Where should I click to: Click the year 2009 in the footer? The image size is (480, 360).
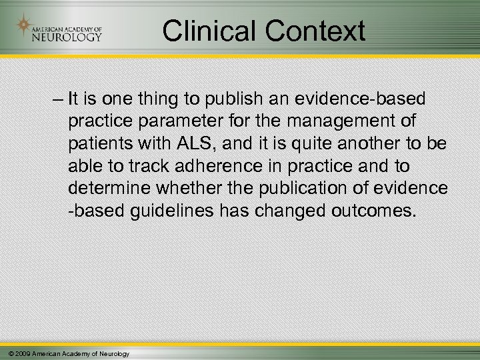(22, 352)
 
